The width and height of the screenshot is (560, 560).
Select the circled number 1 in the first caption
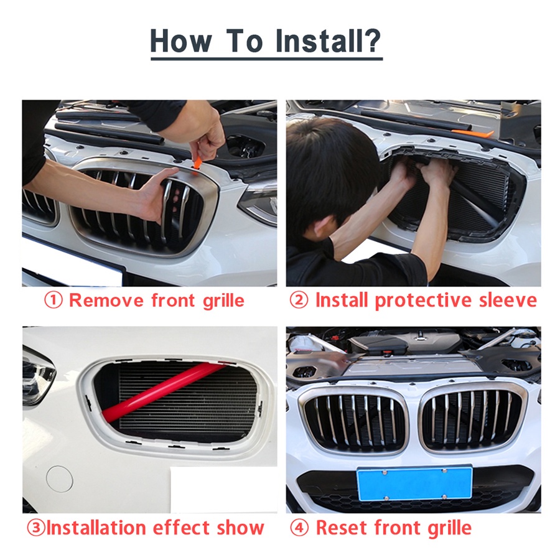tap(53, 301)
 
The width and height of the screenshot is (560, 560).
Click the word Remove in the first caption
tap(106, 301)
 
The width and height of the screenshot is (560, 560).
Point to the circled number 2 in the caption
tap(299, 301)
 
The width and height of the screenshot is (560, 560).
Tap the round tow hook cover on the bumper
tap(59, 478)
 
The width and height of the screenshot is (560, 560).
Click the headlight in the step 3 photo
tap(37, 373)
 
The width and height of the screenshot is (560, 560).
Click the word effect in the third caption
tap(182, 528)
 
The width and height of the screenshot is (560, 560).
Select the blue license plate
tap(414, 483)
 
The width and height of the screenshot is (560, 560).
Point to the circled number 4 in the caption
tap(299, 528)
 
